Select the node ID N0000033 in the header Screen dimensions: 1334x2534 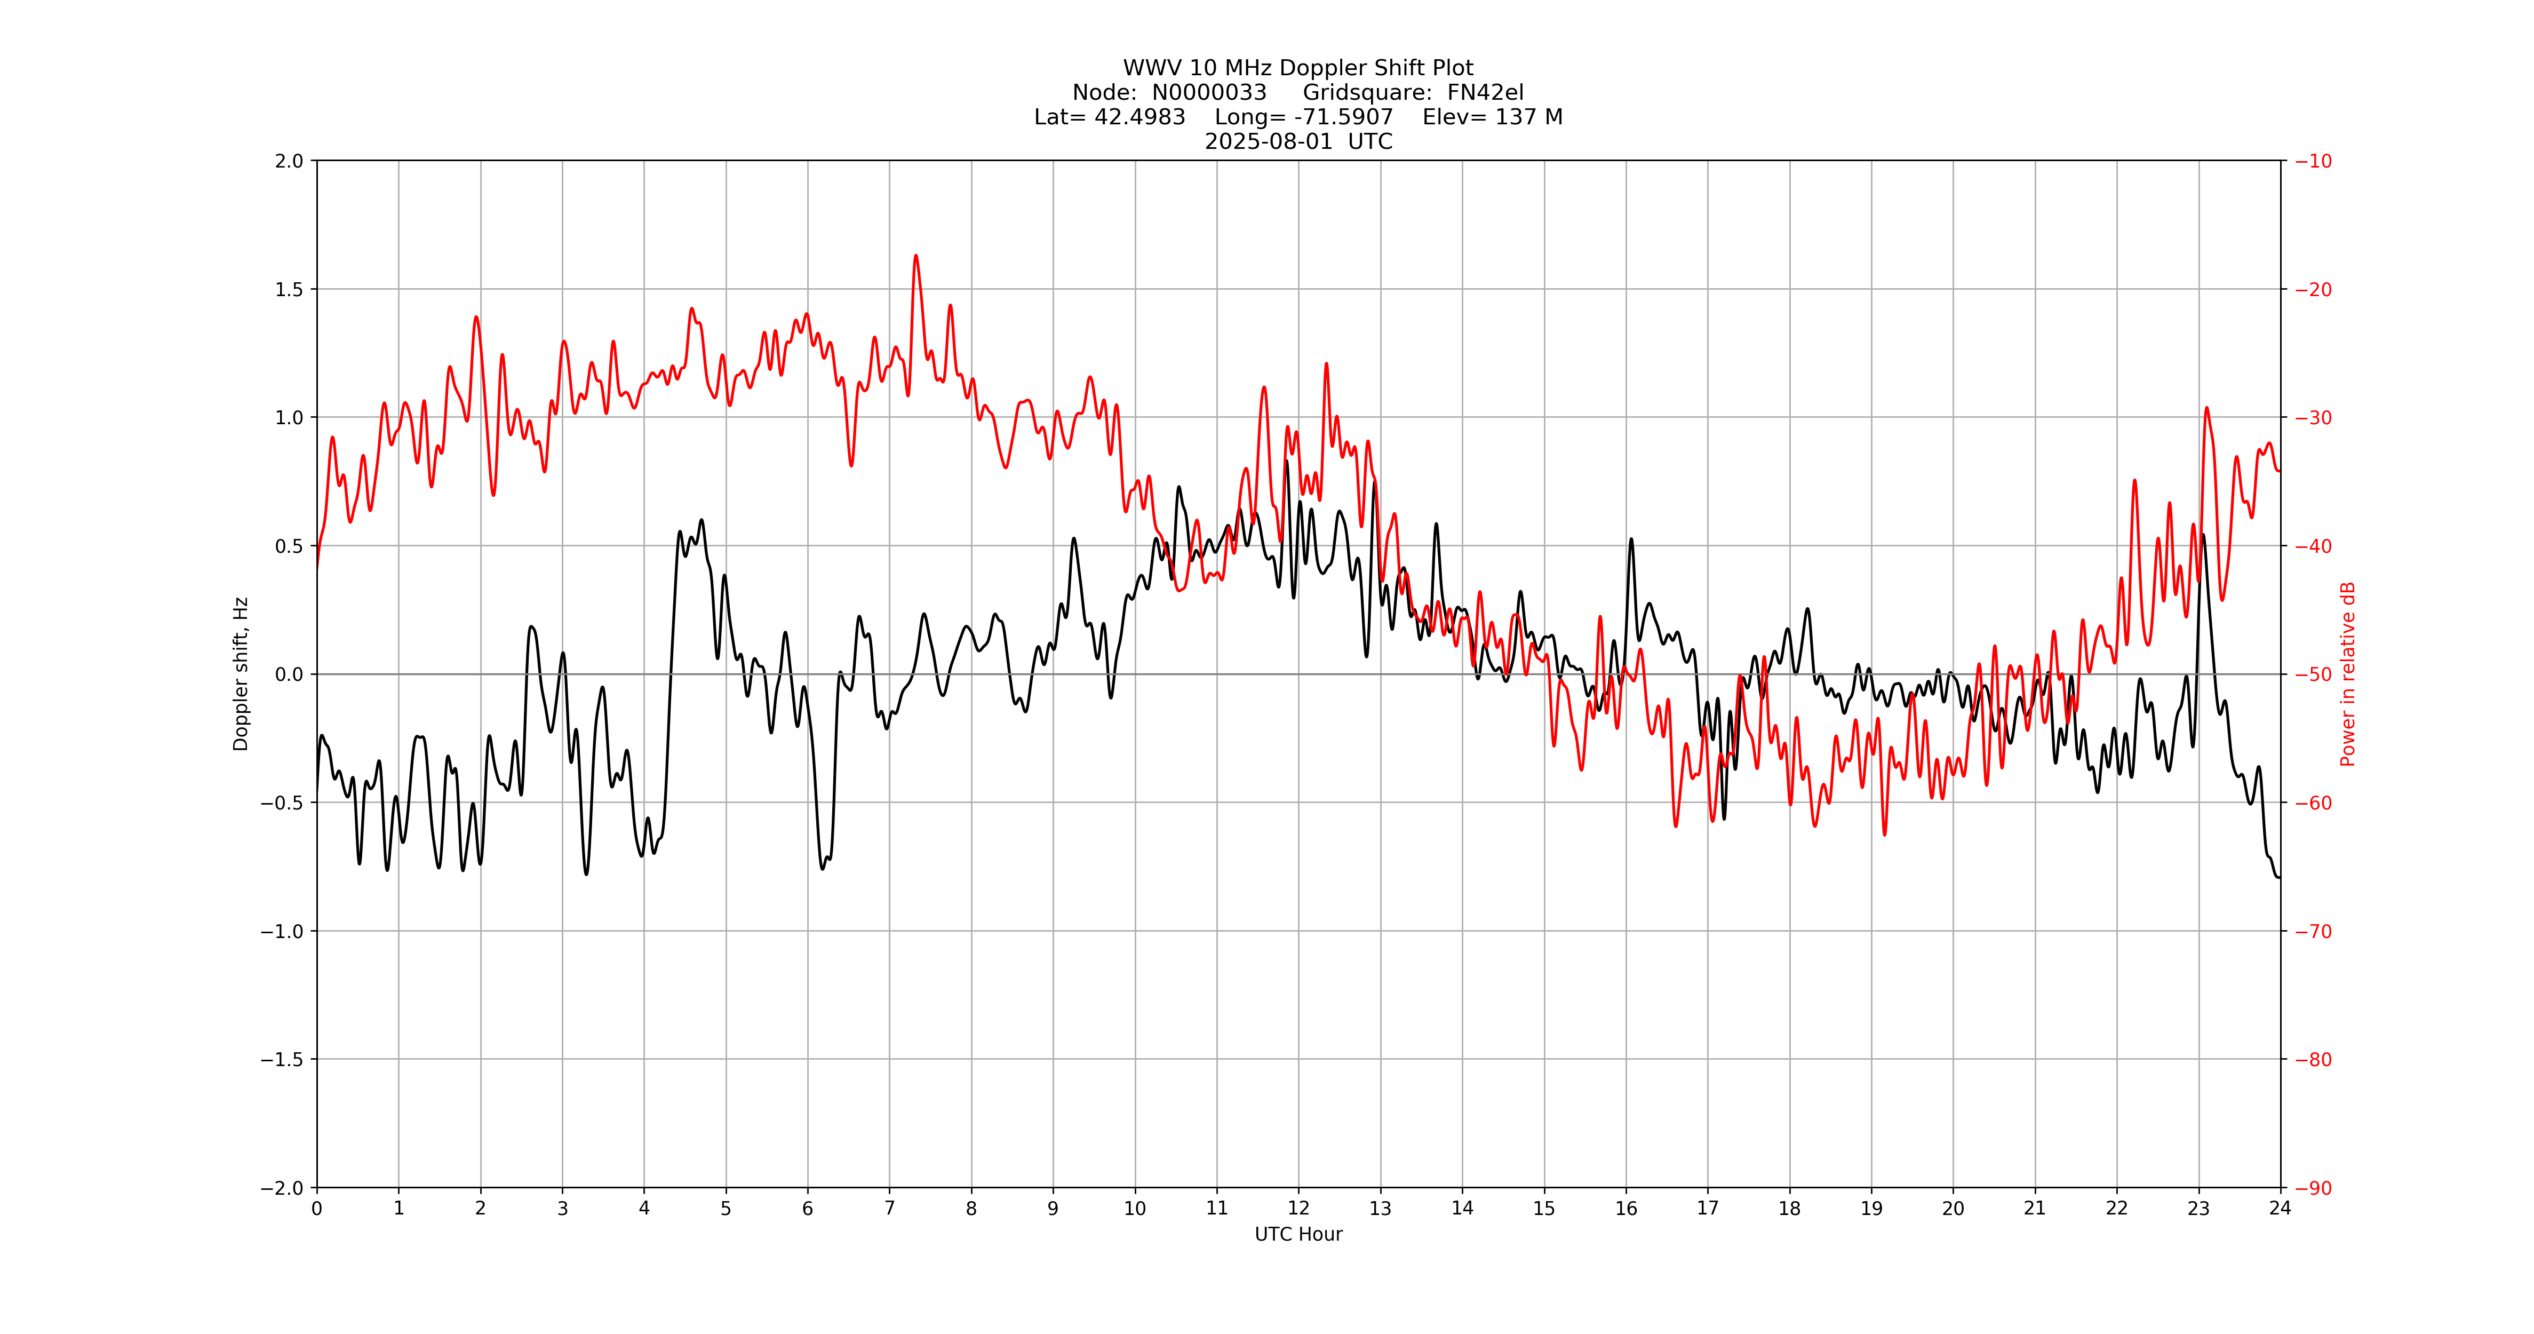(1209, 92)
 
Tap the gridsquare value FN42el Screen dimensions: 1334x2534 (1485, 92)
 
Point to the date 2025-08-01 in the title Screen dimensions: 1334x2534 (1268, 141)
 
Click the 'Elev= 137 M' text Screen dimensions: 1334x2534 (1492, 117)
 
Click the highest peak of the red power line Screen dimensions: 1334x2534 (916, 256)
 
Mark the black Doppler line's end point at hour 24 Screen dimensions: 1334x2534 (2279, 877)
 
